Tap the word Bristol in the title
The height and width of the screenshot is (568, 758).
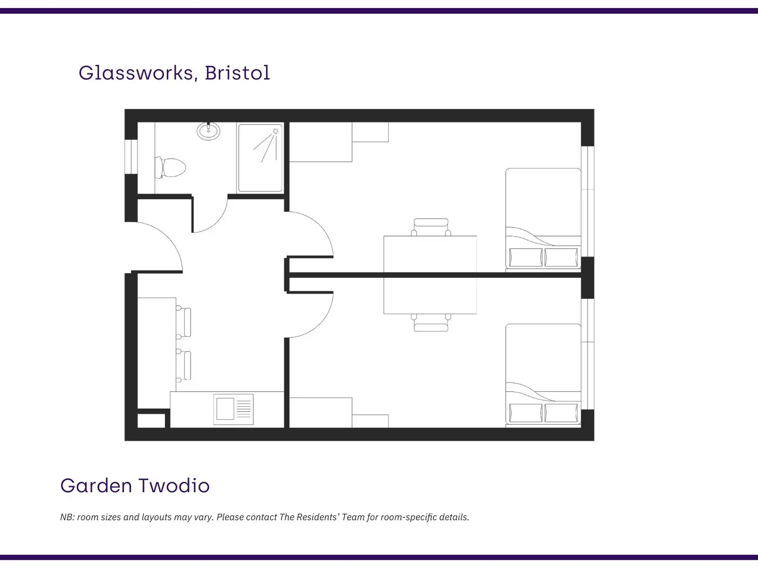coord(237,73)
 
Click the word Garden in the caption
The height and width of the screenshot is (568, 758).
coord(96,486)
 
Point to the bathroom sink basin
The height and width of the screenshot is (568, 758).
coord(208,131)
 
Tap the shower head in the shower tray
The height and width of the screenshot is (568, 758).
coord(276,131)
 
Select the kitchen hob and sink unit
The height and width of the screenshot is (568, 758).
coord(234,409)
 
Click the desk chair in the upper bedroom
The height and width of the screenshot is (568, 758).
coord(431,227)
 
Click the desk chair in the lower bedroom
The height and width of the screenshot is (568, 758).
coord(431,323)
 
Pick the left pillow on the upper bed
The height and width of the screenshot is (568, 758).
coord(526,257)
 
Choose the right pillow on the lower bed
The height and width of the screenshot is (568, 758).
coord(561,413)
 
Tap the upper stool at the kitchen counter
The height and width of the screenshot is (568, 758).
coord(184,322)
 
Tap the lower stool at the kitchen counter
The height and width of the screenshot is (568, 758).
coord(184,365)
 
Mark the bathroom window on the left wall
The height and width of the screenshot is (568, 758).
coord(131,157)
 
